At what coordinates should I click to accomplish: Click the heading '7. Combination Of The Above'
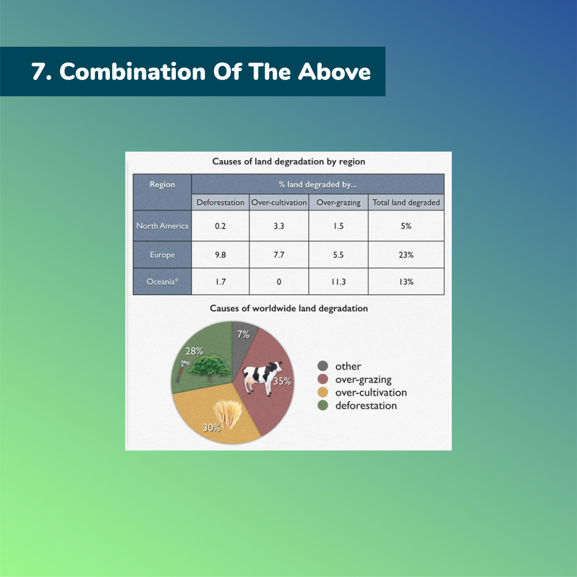click(x=201, y=71)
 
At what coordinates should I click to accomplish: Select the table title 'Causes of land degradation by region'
click(x=288, y=162)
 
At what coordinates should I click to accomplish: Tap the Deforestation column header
click(x=220, y=202)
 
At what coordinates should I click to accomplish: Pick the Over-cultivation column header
click(x=279, y=202)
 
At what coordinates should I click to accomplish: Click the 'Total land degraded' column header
click(x=406, y=202)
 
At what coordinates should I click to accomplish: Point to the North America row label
click(x=162, y=226)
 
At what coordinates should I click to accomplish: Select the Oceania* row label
click(x=162, y=282)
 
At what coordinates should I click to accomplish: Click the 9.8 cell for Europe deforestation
click(x=220, y=255)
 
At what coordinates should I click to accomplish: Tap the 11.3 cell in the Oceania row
click(x=339, y=282)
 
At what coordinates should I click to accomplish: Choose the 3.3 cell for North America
click(x=279, y=226)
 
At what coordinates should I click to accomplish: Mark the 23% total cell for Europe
click(x=406, y=255)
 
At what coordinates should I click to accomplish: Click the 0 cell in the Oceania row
click(x=279, y=282)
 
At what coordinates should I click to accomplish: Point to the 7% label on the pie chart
click(x=243, y=334)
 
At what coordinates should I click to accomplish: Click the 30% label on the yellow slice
click(x=212, y=427)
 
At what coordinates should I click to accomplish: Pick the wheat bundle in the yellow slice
click(x=228, y=414)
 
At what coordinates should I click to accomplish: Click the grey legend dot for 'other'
click(x=323, y=366)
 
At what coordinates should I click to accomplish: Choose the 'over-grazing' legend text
click(x=363, y=379)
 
